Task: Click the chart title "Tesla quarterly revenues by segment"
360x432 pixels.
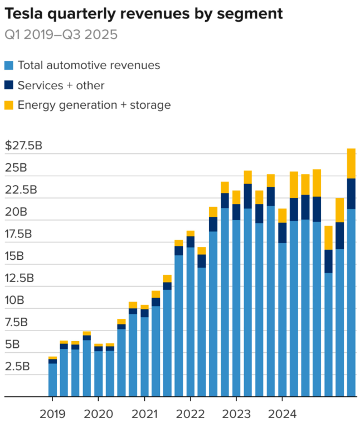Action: click(x=144, y=13)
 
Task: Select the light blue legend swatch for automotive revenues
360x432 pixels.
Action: click(x=9, y=66)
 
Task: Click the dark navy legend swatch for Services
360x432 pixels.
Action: click(x=9, y=86)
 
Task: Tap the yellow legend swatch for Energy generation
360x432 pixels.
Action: click(x=9, y=105)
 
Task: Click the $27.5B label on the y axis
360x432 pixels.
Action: click(x=24, y=146)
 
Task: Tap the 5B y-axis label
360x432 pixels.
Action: click(x=12, y=344)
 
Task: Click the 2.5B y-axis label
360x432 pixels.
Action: click(x=17, y=366)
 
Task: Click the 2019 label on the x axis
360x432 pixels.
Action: click(x=52, y=414)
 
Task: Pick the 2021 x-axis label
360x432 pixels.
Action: click(x=144, y=414)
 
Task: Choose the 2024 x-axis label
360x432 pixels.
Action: click(x=282, y=414)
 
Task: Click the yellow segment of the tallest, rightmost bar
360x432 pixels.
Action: click(x=351, y=163)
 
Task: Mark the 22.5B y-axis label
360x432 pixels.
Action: click(x=21, y=190)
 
